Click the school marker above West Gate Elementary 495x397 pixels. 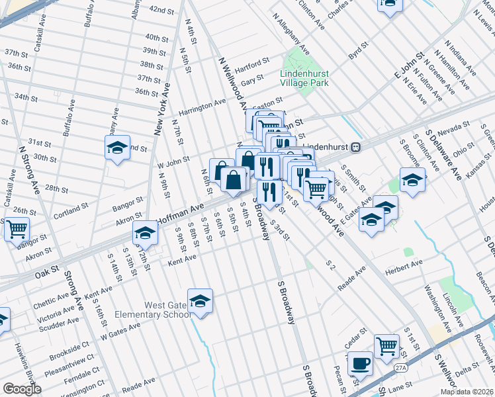(200, 301)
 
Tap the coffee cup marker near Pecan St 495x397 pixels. (361, 363)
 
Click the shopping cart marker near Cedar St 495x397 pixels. (386, 345)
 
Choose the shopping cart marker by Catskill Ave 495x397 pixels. (17, 230)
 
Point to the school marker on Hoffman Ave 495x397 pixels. (145, 232)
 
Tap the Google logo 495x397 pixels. (22, 389)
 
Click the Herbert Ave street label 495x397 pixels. (404, 263)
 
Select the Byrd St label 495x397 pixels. (358, 49)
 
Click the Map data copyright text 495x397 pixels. (466, 392)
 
